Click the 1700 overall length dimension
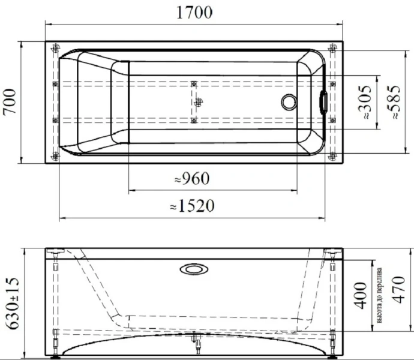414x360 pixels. (194, 13)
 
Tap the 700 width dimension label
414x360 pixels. (10, 101)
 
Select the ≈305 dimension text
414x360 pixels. (365, 102)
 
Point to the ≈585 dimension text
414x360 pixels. (394, 102)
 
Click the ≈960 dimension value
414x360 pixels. (192, 178)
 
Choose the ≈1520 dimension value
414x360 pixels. (192, 206)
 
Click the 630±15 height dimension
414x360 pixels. (13, 303)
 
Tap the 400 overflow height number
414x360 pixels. (361, 296)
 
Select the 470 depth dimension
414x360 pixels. (398, 290)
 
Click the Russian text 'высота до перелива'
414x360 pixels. (379, 296)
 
